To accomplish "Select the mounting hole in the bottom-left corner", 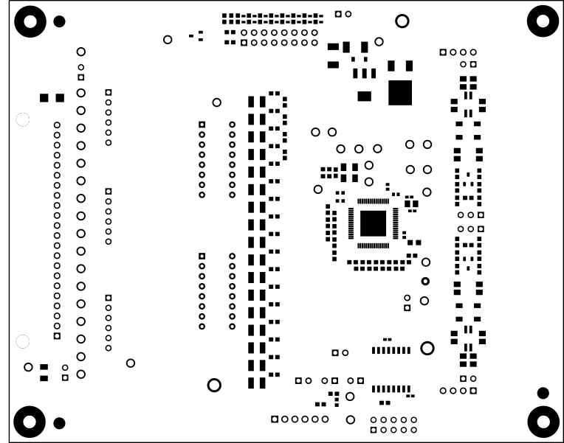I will coord(29,422).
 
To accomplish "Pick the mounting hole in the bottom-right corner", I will coord(544,422).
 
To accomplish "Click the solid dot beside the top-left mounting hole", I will coord(59,21).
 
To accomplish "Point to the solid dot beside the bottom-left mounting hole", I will coord(59,422).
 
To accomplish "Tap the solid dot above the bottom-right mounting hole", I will coord(543,392).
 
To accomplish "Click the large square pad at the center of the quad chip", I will coord(374,223).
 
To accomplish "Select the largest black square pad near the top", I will coord(400,93).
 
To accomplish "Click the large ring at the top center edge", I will coord(402,21).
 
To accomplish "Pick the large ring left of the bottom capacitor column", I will coord(214,385).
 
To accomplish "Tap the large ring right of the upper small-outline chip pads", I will coord(427,348).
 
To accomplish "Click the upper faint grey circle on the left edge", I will coord(22,119).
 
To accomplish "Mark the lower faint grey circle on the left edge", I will coord(22,341).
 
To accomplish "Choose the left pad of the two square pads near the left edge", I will coord(45,98).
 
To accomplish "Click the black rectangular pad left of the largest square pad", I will coord(364,96).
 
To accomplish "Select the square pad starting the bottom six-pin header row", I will coord(275,419).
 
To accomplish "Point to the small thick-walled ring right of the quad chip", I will coord(425,281).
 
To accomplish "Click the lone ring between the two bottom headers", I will coord(351,419).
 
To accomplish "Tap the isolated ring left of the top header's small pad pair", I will coord(168,39).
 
